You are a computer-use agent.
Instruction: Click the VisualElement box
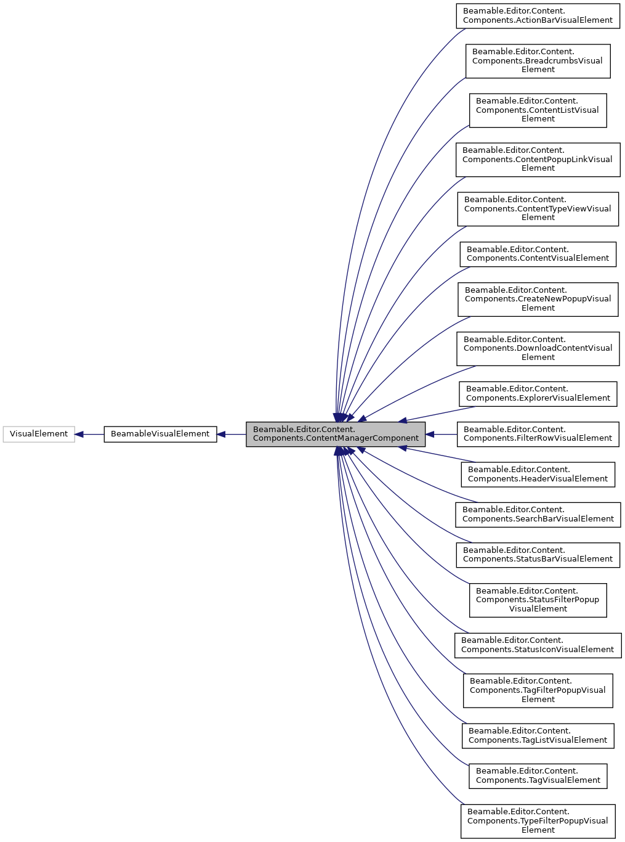[39, 434]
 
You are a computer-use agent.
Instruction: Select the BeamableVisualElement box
[160, 434]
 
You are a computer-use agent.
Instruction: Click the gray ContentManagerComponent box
[336, 434]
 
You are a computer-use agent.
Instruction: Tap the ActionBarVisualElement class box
[538, 15]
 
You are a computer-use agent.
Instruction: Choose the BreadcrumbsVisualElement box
[538, 60]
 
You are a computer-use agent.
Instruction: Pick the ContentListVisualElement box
[538, 110]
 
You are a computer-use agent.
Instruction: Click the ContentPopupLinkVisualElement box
[538, 159]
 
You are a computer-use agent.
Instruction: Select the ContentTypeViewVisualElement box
[538, 208]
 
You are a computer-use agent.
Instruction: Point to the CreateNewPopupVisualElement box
[538, 299]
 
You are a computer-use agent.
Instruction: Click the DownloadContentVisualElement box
[538, 348]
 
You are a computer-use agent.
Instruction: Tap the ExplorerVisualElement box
[538, 393]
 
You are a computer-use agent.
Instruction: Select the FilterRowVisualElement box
[538, 434]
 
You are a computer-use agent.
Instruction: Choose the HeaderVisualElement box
[538, 474]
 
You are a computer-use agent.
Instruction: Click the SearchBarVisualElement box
[538, 514]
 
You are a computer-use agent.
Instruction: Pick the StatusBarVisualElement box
[538, 555]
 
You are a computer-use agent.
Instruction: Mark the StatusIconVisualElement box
[538, 645]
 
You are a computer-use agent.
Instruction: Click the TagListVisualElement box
[538, 735]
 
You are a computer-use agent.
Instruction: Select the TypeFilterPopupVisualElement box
[538, 821]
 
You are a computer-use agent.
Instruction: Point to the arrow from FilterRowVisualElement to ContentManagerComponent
[441, 434]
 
